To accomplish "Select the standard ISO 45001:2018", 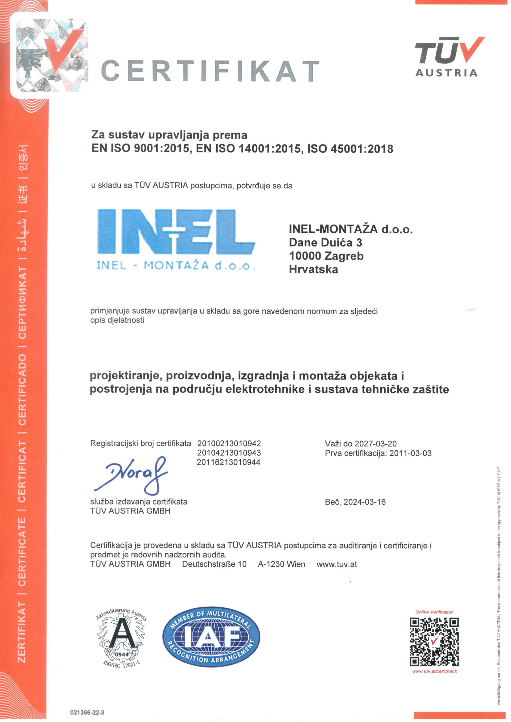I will coord(350,148).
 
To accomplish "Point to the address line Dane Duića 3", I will coord(325,243).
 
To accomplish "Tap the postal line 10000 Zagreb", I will coord(326,256).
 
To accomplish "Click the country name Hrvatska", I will coord(313,270).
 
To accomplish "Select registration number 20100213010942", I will coord(229,443).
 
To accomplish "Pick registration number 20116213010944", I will coord(229,462).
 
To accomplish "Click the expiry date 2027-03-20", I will coord(375,443).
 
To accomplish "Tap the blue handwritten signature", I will coord(130,474).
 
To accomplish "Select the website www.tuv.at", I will coord(337,564).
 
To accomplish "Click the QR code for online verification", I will coord(434,642).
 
